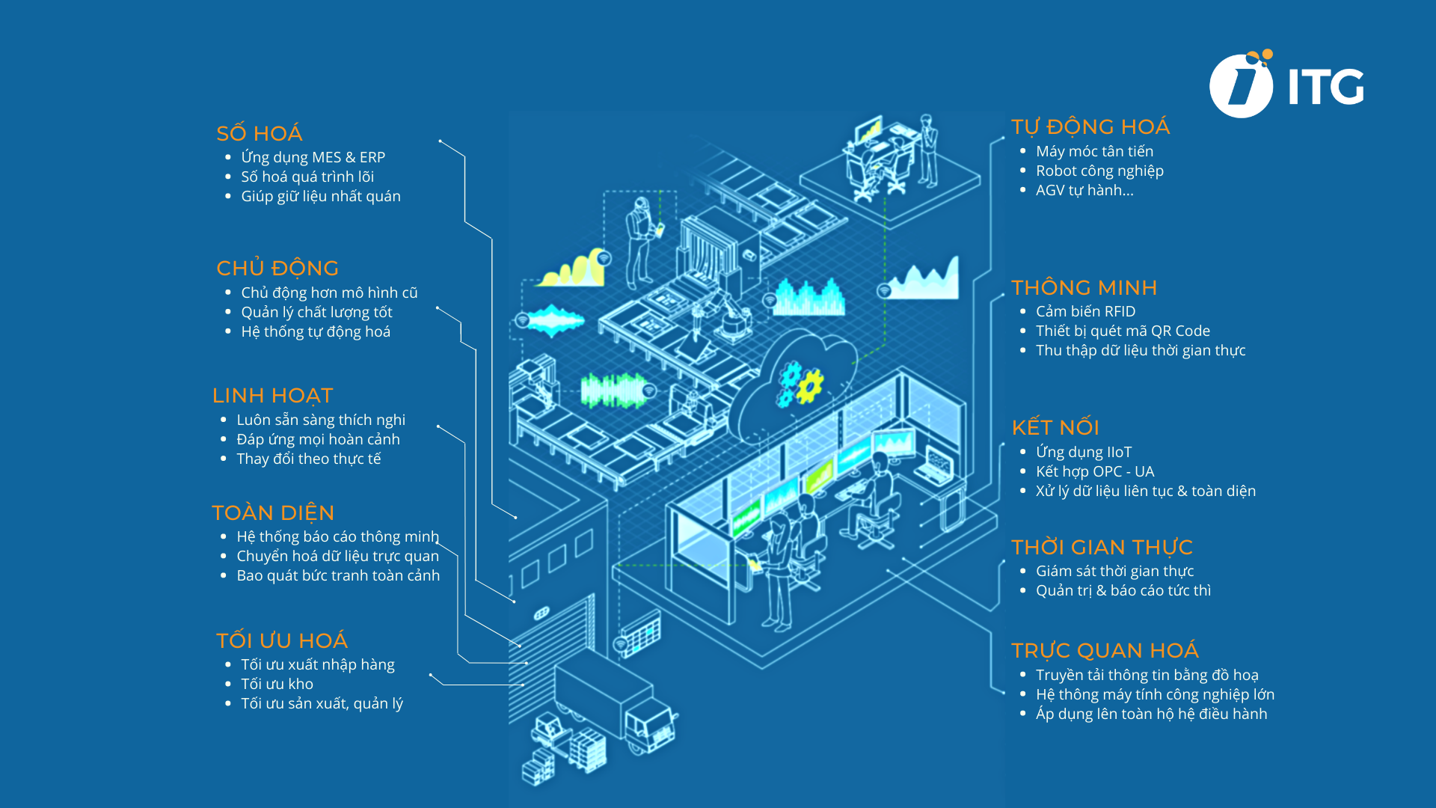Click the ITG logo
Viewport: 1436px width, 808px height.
(x=1286, y=85)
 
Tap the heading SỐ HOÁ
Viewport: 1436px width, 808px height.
(x=259, y=133)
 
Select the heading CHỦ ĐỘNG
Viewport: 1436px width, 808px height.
(x=277, y=268)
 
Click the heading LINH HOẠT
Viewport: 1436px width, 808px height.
(x=272, y=395)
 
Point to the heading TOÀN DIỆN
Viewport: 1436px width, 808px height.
(x=273, y=512)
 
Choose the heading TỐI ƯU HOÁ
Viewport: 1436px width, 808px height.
(x=282, y=640)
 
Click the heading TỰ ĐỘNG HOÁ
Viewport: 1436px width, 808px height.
(x=1090, y=126)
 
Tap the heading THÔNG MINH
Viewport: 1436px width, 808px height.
(x=1084, y=287)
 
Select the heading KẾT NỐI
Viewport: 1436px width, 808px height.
(x=1055, y=427)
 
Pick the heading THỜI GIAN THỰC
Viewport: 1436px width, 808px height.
(x=1102, y=547)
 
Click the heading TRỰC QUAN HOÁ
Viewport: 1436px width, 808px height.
(x=1105, y=650)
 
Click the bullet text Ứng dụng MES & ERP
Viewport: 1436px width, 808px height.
(x=313, y=157)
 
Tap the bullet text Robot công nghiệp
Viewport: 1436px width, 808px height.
(x=1099, y=171)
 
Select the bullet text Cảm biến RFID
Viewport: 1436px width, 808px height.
(x=1085, y=311)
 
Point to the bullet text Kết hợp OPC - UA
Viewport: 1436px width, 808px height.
(x=1095, y=471)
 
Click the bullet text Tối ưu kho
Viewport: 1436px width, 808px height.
(x=277, y=684)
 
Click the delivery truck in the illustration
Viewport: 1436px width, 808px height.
(x=617, y=707)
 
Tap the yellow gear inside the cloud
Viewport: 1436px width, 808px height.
(x=808, y=386)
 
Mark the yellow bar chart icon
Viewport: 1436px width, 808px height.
(x=574, y=269)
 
